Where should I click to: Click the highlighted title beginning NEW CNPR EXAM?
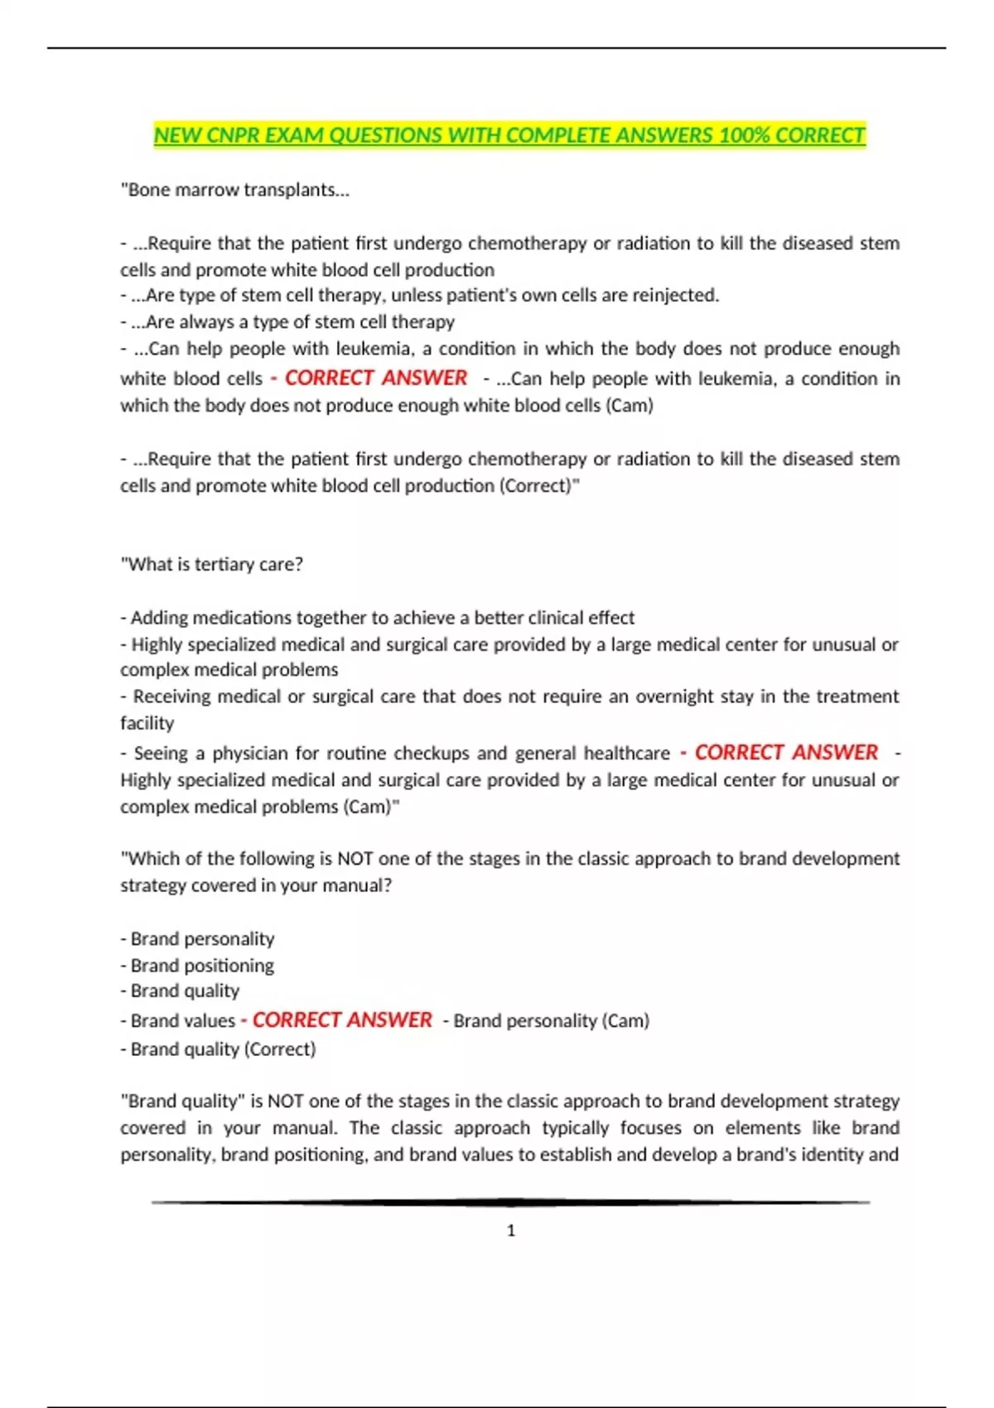[x=509, y=135]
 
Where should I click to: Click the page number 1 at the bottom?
[x=510, y=1231]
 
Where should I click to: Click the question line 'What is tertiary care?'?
[x=212, y=564]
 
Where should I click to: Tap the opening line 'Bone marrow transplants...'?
[x=235, y=190]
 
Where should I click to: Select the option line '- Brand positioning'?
[x=197, y=965]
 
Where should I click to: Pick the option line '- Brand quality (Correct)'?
[x=218, y=1049]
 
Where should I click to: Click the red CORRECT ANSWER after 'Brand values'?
[x=341, y=1020]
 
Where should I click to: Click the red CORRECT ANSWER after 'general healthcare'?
[x=785, y=752]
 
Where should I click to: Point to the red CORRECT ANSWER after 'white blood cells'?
[x=375, y=378]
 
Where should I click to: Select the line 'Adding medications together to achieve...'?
[x=378, y=617]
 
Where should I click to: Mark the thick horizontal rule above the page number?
[x=510, y=1202]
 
